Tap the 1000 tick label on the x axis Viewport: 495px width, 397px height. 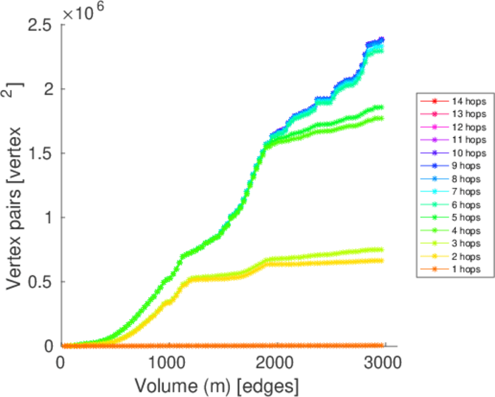click(x=169, y=362)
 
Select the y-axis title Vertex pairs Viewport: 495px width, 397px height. click(x=15, y=185)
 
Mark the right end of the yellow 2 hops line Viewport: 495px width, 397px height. click(x=381, y=260)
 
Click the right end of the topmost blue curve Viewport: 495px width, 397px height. click(x=381, y=40)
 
